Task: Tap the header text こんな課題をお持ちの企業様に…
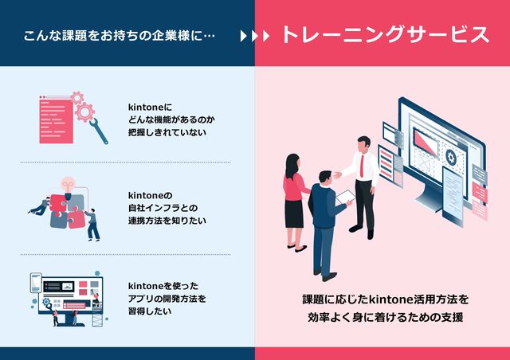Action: click(120, 36)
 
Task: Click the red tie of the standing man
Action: click(363, 165)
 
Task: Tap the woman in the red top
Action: click(293, 191)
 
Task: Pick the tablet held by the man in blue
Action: click(344, 196)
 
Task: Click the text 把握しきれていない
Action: click(167, 132)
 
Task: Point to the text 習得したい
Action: click(150, 311)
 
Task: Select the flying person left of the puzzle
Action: click(39, 206)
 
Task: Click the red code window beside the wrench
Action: click(57, 119)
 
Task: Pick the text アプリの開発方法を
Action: click(167, 299)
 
